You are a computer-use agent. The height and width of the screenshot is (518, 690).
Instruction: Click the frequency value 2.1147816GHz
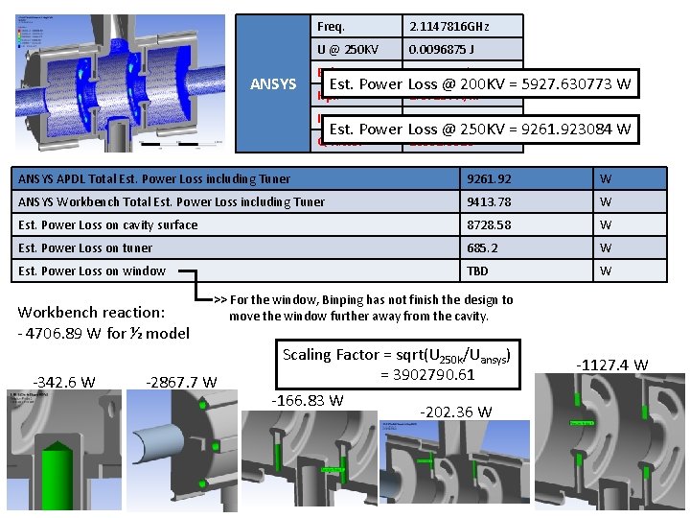tap(450, 26)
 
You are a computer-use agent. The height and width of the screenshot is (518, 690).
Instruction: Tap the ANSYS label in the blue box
tap(273, 84)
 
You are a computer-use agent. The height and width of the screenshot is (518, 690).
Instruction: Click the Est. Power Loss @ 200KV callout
tap(479, 83)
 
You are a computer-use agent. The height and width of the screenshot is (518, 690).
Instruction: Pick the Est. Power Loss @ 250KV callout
tap(479, 129)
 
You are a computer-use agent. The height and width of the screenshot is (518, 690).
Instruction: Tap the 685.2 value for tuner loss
tap(483, 247)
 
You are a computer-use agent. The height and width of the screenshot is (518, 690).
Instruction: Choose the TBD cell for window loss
tap(478, 271)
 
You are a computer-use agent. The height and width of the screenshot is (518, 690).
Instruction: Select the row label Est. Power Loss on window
tap(92, 271)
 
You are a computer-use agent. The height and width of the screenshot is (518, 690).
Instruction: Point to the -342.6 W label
tap(64, 382)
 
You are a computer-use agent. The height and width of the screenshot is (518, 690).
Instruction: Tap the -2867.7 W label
tap(181, 382)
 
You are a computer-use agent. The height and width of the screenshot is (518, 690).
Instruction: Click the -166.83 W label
tap(308, 400)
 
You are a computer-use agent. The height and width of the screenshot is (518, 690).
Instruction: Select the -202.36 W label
tap(456, 412)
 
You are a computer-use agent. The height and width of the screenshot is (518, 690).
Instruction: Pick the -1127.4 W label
tap(612, 365)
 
